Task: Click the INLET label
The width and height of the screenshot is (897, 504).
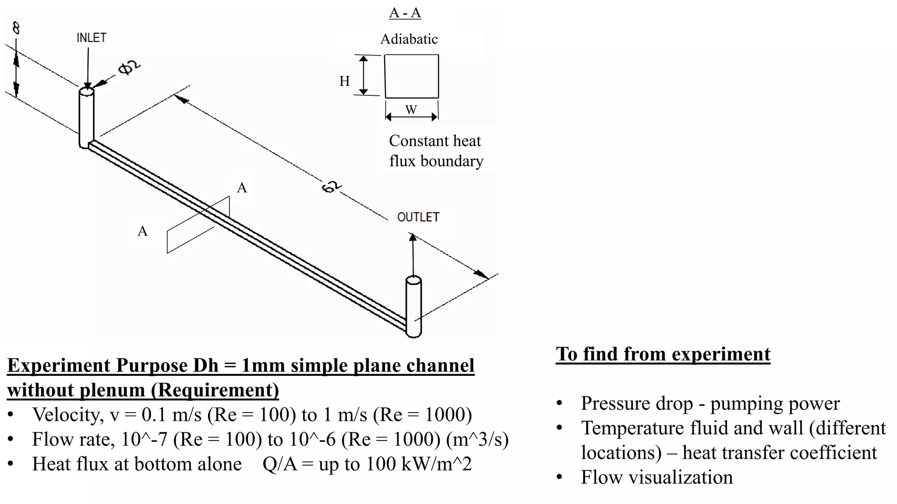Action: click(x=91, y=38)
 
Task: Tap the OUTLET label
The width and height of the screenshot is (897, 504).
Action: click(x=418, y=217)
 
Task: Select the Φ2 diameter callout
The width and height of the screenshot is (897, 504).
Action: click(x=130, y=68)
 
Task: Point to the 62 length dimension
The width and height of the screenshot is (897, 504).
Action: click(x=331, y=187)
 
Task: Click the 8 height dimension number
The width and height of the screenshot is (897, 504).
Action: click(x=16, y=29)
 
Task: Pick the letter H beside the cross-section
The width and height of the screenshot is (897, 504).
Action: click(x=345, y=81)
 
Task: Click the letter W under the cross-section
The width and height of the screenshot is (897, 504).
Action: click(x=411, y=110)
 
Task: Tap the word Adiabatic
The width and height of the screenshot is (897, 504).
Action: click(x=409, y=39)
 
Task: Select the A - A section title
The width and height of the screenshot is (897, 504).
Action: click(x=405, y=13)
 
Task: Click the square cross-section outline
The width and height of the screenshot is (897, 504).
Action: click(x=412, y=76)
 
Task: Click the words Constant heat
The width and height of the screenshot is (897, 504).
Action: click(x=434, y=141)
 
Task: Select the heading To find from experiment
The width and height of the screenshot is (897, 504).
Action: click(x=663, y=354)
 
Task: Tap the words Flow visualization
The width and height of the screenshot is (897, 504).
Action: click(x=657, y=477)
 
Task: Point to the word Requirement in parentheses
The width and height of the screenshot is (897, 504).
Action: click(x=215, y=390)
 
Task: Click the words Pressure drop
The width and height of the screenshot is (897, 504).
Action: click(x=636, y=403)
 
